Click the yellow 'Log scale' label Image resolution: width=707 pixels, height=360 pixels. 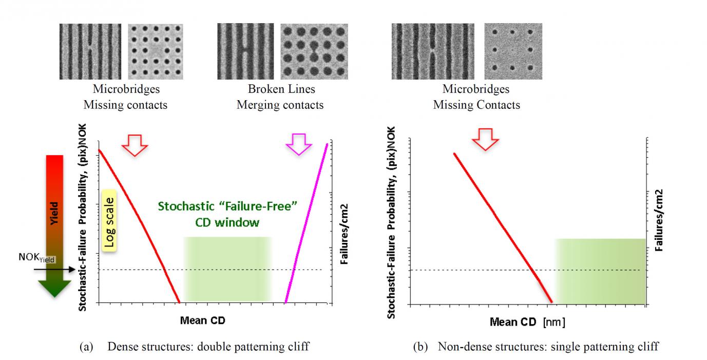point(109,221)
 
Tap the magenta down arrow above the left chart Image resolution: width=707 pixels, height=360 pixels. point(299,144)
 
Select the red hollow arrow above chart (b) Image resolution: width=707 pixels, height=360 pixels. point(485,139)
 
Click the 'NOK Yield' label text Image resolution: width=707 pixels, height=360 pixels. point(37,257)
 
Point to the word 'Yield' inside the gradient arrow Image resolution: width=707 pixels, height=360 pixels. point(54,213)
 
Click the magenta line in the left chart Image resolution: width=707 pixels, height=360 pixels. point(306,223)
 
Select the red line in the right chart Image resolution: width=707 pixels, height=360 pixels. point(503,228)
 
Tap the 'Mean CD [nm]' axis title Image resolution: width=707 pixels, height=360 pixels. point(527,322)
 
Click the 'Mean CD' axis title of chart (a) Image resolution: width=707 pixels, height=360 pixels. point(203,320)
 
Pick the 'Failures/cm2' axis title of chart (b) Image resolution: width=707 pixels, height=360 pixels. point(659,220)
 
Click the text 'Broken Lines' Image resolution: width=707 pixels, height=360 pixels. point(281,89)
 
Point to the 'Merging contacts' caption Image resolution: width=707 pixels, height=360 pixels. point(280,105)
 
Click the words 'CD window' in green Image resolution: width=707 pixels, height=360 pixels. point(227,223)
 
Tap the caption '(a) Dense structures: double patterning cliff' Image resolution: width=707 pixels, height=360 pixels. point(195,347)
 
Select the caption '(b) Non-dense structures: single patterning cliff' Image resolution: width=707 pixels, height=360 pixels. point(536,347)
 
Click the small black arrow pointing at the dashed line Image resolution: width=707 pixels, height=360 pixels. point(54,270)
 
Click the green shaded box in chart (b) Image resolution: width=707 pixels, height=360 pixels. point(600,271)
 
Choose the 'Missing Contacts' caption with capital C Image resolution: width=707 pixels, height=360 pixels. point(476,105)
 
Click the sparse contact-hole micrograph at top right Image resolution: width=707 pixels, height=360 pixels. point(513,51)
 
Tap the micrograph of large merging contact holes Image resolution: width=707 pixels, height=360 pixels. point(314,51)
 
